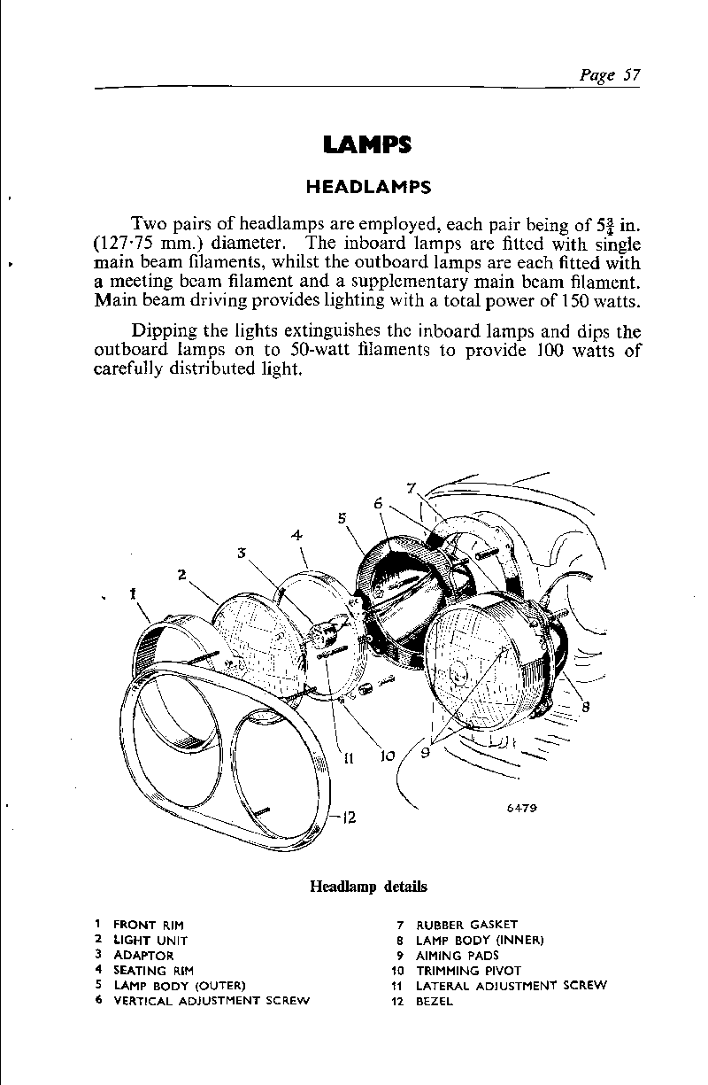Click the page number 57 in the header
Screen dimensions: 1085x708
click(629, 74)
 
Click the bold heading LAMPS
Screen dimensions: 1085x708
click(366, 145)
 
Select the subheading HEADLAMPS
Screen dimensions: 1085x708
click(367, 187)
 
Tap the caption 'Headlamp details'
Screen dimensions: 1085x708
click(367, 886)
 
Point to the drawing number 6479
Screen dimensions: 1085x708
click(523, 808)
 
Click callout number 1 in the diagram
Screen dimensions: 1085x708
click(132, 593)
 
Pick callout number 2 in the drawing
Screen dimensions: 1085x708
click(181, 574)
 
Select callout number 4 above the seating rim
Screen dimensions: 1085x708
click(297, 535)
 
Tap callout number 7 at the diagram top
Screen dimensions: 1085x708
click(411, 487)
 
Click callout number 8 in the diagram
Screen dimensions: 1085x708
click(585, 706)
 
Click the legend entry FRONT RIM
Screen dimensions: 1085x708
click(148, 925)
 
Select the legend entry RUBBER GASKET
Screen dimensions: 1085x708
click(466, 925)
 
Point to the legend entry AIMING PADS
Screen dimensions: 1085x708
click(457, 956)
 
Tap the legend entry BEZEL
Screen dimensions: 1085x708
click(434, 1002)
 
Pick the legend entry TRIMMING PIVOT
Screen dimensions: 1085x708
click(468, 971)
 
